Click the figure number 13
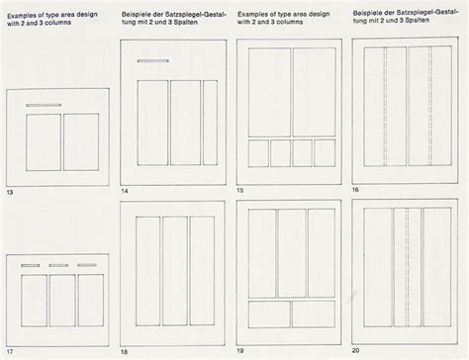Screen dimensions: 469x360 tap(10, 192)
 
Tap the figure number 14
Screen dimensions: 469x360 tap(125, 191)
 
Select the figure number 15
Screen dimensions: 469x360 tap(240, 190)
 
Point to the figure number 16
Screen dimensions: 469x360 tap(355, 190)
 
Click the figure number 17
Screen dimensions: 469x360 tap(10, 352)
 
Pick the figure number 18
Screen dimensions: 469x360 tap(124, 352)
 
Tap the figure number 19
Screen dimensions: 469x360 tap(240, 351)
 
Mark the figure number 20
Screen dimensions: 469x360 tap(355, 350)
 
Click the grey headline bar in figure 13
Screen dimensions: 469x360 tap(44, 105)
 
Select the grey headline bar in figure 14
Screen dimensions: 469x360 tap(153, 60)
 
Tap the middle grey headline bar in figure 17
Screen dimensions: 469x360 tap(58, 265)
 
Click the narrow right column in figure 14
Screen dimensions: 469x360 tap(210, 123)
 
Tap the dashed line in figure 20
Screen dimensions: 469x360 tap(407, 267)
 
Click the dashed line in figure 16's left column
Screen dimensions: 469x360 tap(385, 106)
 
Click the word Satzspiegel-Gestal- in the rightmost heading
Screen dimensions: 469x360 tap(426, 13)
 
